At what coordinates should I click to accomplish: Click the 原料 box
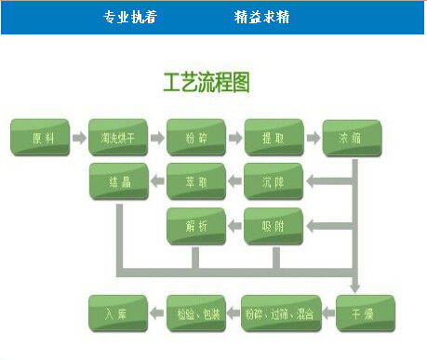point(40,138)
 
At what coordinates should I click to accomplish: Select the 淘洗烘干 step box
point(118,138)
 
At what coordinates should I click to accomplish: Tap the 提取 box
point(274,138)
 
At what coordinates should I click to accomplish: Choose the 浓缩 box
point(353,138)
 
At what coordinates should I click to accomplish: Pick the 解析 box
point(196,226)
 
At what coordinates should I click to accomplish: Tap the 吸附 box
point(274,226)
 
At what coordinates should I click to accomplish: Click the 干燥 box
point(366,314)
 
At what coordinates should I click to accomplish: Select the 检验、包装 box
point(196,314)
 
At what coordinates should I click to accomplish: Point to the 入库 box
point(118,314)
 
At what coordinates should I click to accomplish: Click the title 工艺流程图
point(207,82)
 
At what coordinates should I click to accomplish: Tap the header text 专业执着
point(130,17)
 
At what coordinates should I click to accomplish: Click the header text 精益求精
point(261,17)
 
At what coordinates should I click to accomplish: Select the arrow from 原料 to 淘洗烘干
point(79,138)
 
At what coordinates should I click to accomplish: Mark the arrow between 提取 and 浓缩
point(314,138)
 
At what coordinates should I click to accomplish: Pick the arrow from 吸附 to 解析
point(235,226)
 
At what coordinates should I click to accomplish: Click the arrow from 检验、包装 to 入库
point(157,314)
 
